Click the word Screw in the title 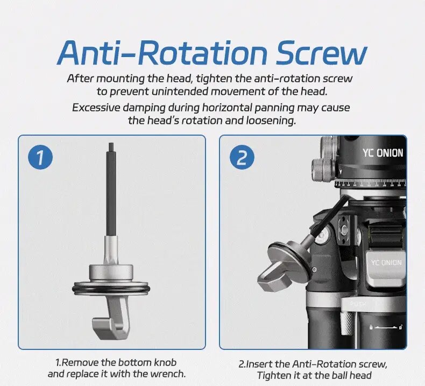(321, 53)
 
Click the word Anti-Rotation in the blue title (162, 53)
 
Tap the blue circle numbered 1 (40, 157)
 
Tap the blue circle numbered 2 (242, 157)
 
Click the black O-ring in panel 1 (111, 288)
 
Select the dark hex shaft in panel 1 (111, 190)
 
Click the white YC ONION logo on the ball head (383, 153)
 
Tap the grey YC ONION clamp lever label (386, 262)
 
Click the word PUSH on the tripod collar (358, 304)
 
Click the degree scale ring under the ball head (370, 184)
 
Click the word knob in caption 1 (165, 362)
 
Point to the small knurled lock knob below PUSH (347, 324)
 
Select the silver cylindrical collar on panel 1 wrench (111, 272)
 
